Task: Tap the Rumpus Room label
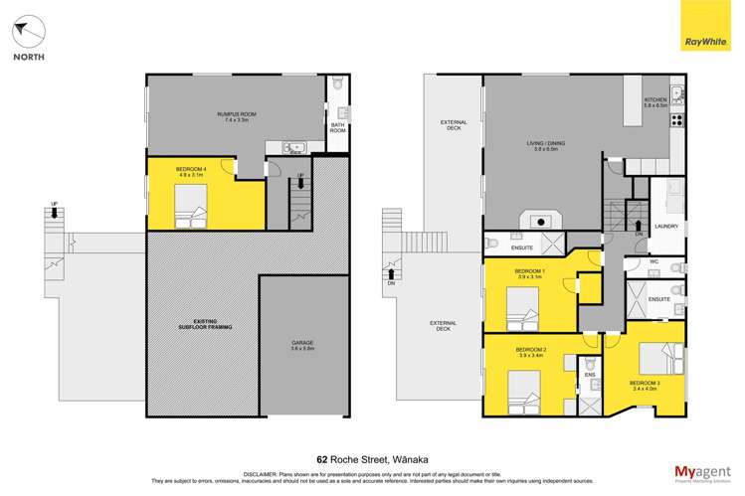coord(237,117)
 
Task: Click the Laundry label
coord(666,227)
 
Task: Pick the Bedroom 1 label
coord(529,274)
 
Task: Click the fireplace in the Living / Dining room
coord(542,222)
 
